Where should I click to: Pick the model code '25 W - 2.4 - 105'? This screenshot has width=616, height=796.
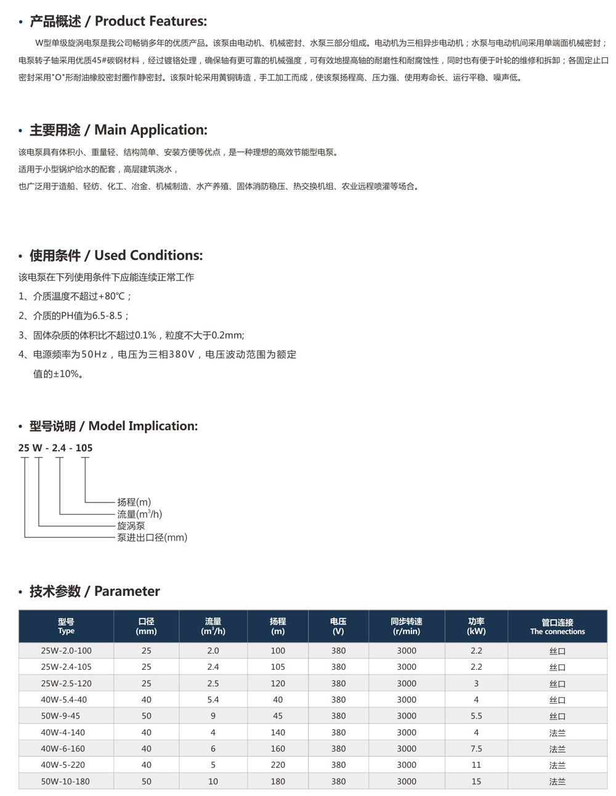(55, 448)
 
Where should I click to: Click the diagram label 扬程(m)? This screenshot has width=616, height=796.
(134, 502)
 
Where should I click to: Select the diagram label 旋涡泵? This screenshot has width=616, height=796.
(131, 526)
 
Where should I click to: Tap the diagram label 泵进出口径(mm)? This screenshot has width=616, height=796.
(152, 537)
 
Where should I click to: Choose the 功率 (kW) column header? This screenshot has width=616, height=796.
(476, 627)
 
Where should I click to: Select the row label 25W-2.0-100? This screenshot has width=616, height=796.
(66, 651)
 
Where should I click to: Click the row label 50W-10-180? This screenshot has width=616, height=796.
(65, 781)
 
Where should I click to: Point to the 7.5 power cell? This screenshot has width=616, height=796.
(476, 749)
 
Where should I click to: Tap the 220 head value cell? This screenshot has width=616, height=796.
(278, 765)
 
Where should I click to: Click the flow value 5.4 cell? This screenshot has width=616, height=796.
(213, 700)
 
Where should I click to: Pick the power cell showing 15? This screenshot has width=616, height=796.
(476, 781)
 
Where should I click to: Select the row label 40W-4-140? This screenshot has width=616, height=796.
(63, 733)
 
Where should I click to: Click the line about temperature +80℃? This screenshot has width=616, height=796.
(75, 296)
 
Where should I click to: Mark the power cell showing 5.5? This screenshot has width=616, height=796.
(476, 716)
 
